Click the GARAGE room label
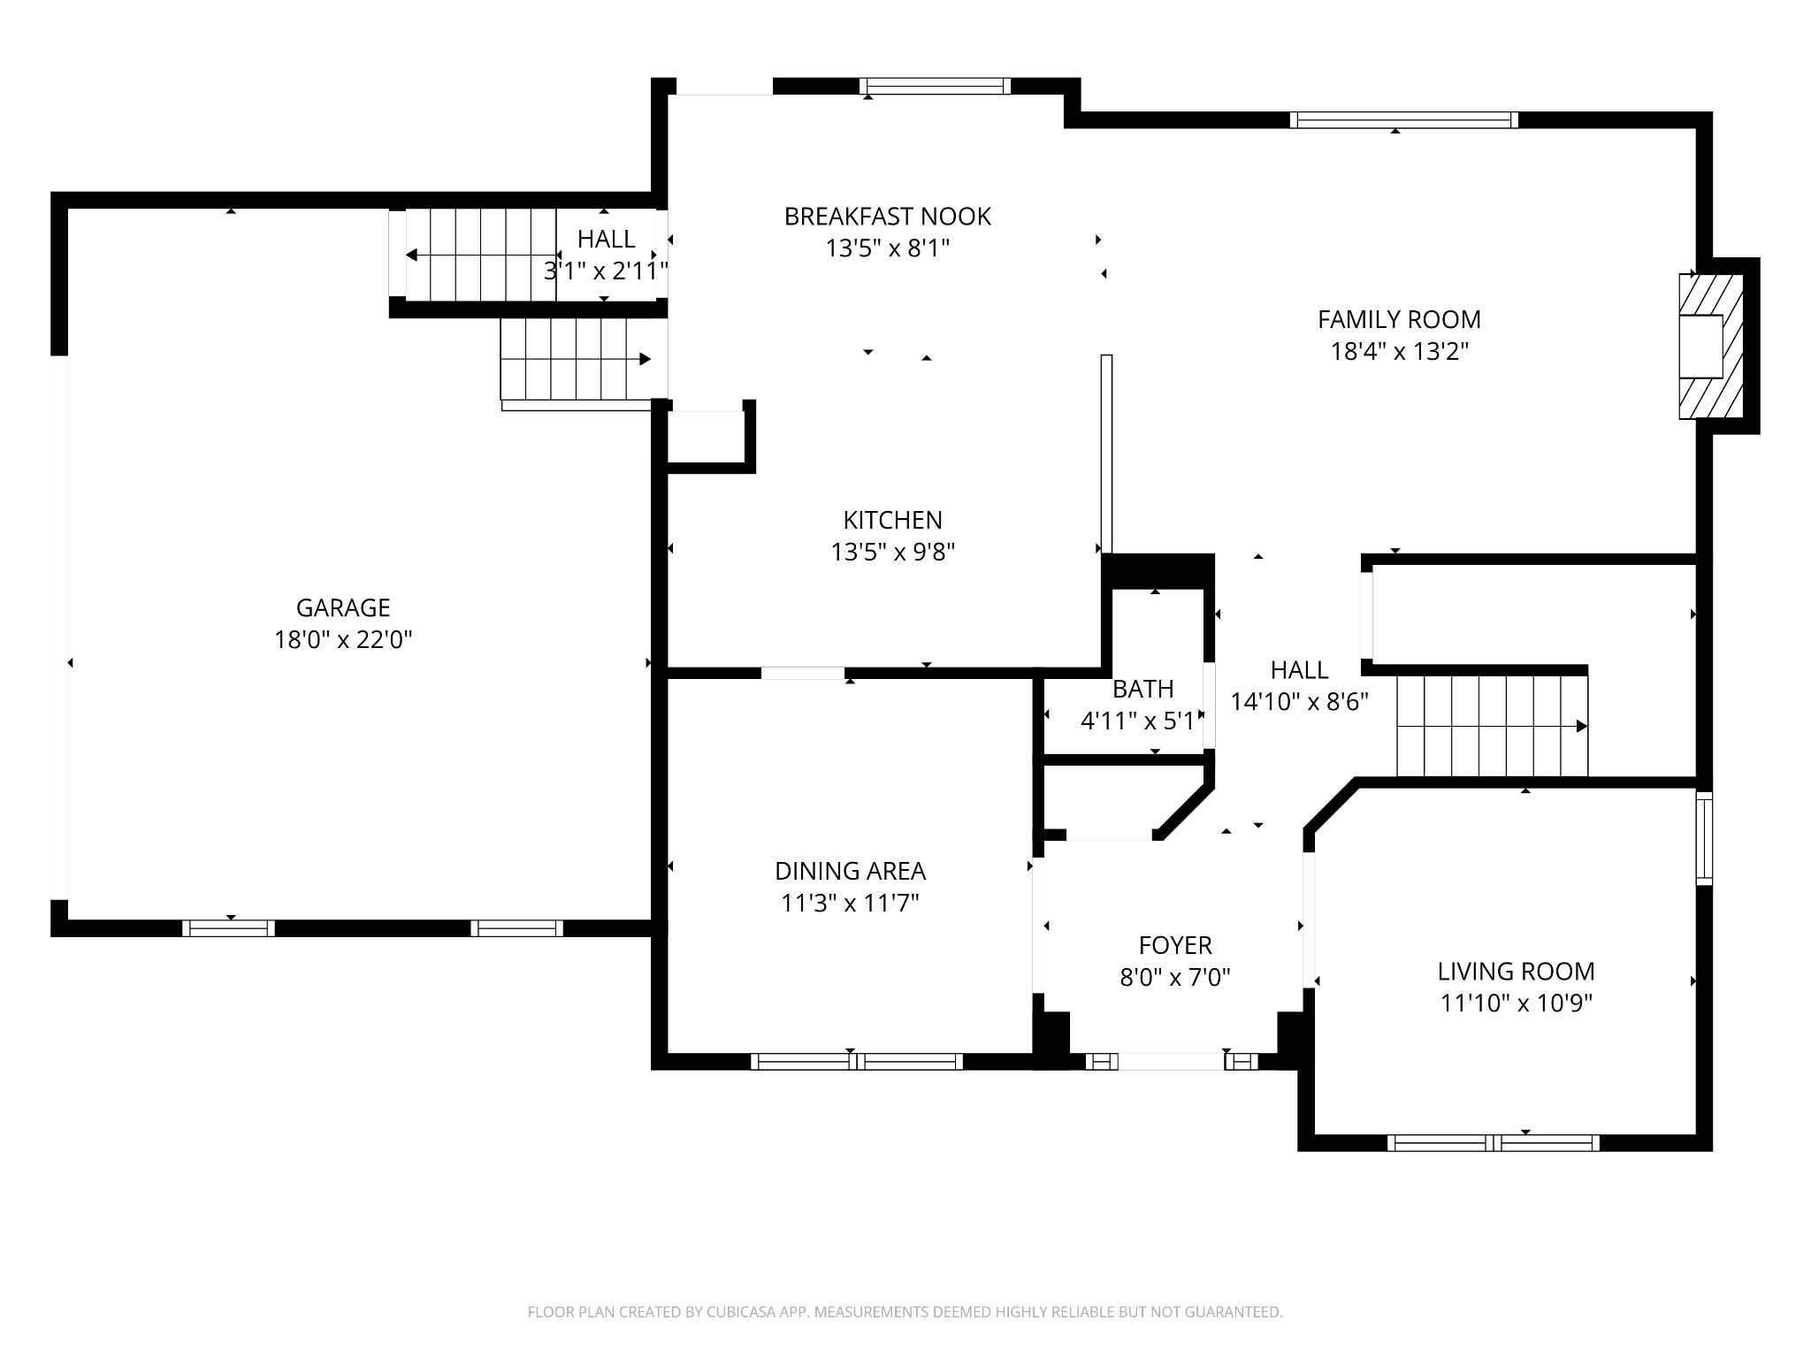click(x=343, y=607)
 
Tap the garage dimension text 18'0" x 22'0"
click(x=343, y=639)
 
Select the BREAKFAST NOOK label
click(x=888, y=217)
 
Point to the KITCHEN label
click(x=892, y=520)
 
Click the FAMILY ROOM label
click(x=1399, y=319)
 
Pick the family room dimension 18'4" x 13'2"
click(x=1399, y=351)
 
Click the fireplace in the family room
click(x=1710, y=346)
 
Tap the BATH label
click(x=1143, y=689)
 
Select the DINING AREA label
click(x=850, y=871)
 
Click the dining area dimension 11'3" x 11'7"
click(x=850, y=903)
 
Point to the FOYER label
click(x=1175, y=945)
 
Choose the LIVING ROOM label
click(x=1516, y=971)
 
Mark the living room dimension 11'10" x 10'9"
click(x=1516, y=1003)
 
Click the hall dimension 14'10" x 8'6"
click(x=1299, y=701)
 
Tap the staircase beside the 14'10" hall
click(x=1492, y=726)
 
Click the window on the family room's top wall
click(x=1403, y=120)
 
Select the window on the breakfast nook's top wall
click(x=935, y=86)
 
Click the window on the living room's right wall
click(x=1704, y=838)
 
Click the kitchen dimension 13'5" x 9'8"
click(x=892, y=552)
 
